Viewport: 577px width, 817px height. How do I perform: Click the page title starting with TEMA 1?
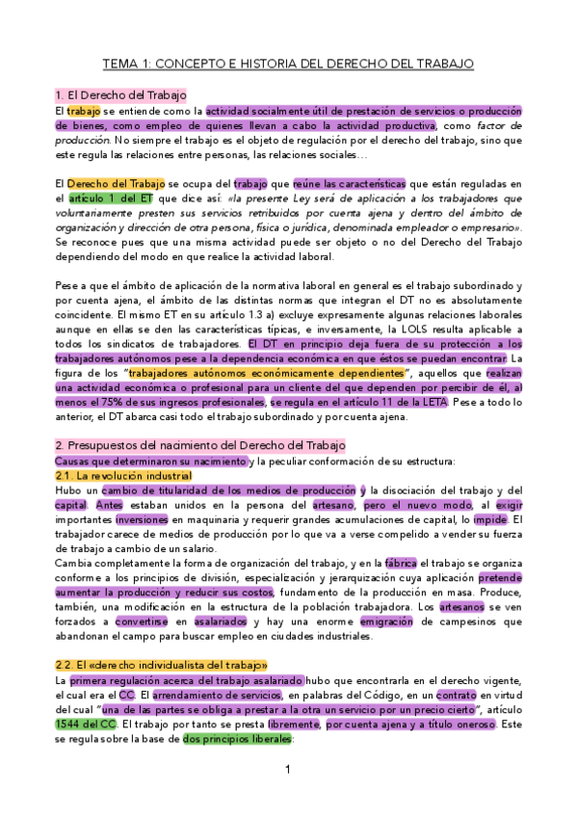pos(288,65)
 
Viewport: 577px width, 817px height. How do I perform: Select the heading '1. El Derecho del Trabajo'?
pos(120,95)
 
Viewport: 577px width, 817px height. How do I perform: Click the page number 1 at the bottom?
pos(288,770)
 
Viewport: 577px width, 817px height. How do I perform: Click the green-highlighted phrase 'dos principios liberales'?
pos(236,740)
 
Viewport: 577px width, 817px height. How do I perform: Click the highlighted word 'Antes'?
pos(109,505)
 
